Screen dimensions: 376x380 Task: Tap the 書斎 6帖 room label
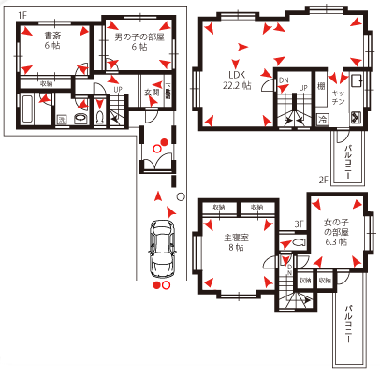(53, 42)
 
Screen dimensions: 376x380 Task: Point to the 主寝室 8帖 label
(233, 242)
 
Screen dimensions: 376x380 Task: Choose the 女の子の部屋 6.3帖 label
(335, 231)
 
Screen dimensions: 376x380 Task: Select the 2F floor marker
(321, 179)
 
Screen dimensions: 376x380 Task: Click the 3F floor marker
(300, 224)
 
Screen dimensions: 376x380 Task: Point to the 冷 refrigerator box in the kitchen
(323, 120)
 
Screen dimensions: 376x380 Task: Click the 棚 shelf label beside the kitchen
(321, 87)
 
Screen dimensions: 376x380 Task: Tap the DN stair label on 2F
(284, 81)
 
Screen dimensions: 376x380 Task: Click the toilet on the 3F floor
(298, 242)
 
